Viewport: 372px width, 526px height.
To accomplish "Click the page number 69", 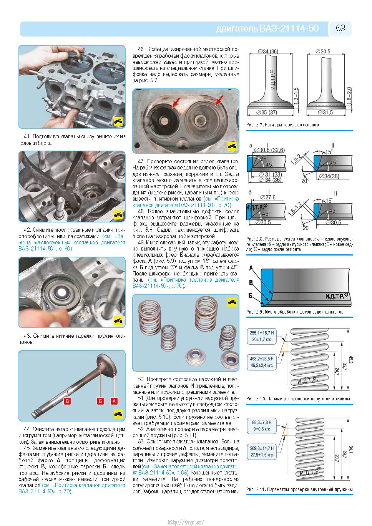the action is pyautogui.click(x=340, y=28).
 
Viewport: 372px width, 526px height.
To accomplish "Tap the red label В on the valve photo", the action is pyautogui.click(x=67, y=401).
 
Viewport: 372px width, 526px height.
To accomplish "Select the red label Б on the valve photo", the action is pyautogui.click(x=100, y=401).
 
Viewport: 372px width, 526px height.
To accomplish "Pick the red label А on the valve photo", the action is pyautogui.click(x=114, y=401).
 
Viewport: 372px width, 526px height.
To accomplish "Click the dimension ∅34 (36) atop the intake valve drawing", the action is pyautogui.click(x=268, y=51).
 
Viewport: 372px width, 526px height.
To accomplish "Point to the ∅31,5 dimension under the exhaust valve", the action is pyautogui.click(x=325, y=113).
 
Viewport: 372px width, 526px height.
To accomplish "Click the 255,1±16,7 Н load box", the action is pyautogui.click(x=262, y=336).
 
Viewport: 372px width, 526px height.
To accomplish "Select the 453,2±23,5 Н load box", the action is pyautogui.click(x=262, y=362).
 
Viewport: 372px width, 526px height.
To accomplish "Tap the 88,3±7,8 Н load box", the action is pyautogui.click(x=262, y=426).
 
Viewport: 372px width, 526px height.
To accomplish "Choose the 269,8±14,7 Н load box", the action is pyautogui.click(x=262, y=451).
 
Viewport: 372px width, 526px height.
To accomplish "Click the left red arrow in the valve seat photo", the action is pyautogui.click(x=177, y=102).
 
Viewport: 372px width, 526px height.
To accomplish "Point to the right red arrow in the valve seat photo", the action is pyautogui.click(x=219, y=100).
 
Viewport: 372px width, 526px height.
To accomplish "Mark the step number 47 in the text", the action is pyautogui.click(x=141, y=161).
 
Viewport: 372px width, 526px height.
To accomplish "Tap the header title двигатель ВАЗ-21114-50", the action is pyautogui.click(x=267, y=29).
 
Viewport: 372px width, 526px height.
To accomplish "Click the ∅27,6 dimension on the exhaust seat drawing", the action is pyautogui.click(x=267, y=197).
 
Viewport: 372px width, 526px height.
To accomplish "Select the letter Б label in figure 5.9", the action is pyautogui.click(x=250, y=296).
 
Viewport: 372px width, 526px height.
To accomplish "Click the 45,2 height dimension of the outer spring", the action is pyautogui.click(x=350, y=360).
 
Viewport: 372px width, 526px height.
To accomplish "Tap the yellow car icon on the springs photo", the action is pyautogui.click(x=232, y=302).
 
